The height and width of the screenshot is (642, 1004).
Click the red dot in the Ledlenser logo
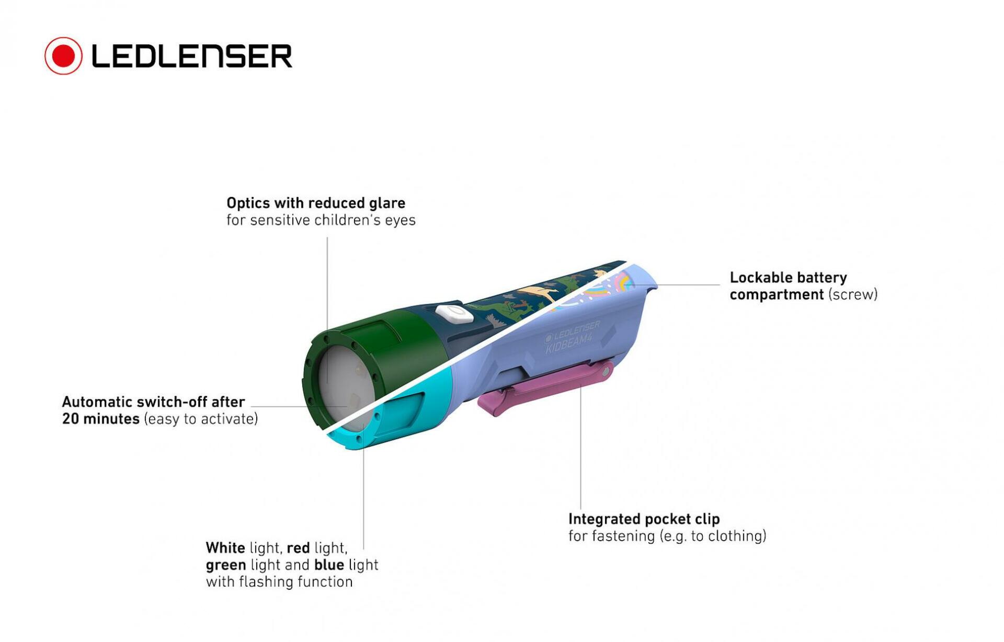coord(63,55)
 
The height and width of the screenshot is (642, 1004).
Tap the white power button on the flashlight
coord(454,314)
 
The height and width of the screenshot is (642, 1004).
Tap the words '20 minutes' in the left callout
coord(100,419)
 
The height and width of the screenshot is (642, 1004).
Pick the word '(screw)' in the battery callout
coord(853,295)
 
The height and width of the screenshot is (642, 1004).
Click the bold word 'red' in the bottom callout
coord(298,548)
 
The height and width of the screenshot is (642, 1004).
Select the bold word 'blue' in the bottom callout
coord(329,565)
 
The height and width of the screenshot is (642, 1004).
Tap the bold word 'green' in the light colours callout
coord(226,566)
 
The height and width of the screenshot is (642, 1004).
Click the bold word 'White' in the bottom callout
coord(225,548)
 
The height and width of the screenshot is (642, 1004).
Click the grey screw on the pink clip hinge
coord(606,372)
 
